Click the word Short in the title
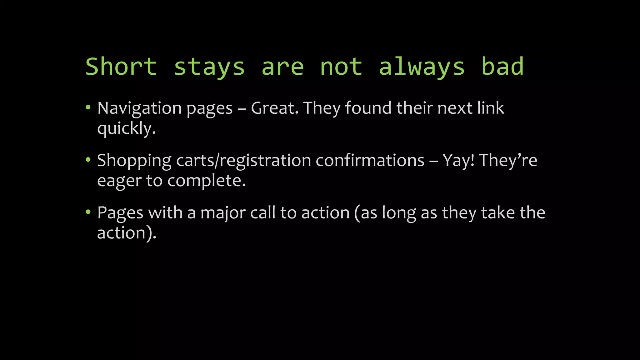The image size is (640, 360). click(121, 67)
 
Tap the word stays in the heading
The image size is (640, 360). click(209, 67)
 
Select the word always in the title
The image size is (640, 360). click(422, 67)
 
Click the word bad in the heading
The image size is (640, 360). click(502, 67)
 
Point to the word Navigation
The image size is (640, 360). click(139, 109)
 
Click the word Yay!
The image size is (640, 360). click(458, 161)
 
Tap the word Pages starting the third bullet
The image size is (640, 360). click(120, 213)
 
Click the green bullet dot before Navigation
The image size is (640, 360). click(88, 107)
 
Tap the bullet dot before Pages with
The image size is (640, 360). click(88, 212)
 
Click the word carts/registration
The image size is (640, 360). click(243, 161)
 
